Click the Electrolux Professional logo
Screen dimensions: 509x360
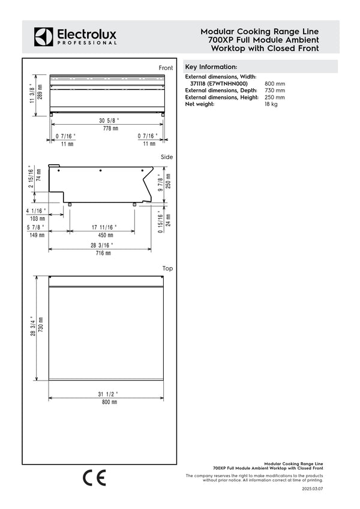pos(75,37)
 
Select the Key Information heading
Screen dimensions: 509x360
pos(211,67)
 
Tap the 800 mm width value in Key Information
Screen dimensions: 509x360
pos(275,84)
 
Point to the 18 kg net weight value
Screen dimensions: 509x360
pos(271,104)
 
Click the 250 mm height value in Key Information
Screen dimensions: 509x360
pos(275,97)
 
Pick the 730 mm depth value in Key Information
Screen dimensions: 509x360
pos(275,91)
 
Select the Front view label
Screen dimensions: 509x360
pos(166,68)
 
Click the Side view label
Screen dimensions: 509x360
pos(167,157)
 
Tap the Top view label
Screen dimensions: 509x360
pos(167,269)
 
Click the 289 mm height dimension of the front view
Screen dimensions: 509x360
pos(40,95)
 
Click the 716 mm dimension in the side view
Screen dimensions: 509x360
pos(100,254)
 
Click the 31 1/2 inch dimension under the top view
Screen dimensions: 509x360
pos(109,394)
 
